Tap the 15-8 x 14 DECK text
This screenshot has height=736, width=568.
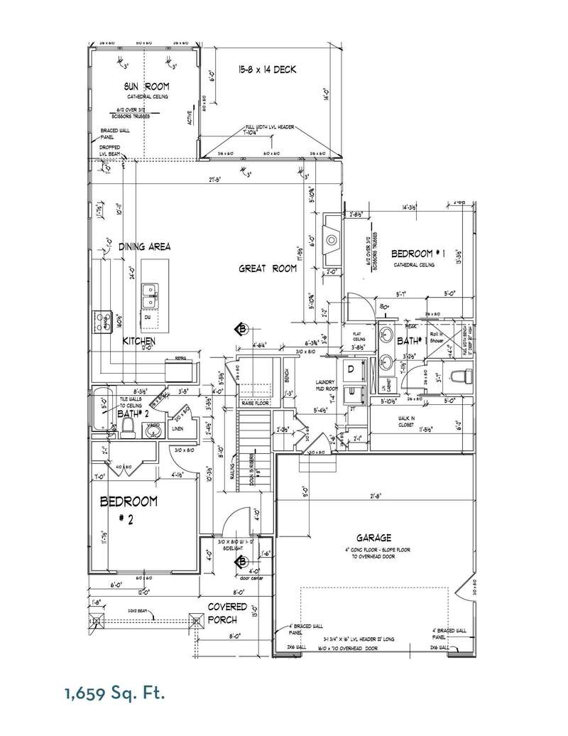click(x=266, y=70)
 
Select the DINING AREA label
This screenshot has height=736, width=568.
click(x=145, y=247)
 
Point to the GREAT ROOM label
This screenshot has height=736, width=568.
click(x=267, y=269)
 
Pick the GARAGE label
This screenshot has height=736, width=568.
click(x=375, y=539)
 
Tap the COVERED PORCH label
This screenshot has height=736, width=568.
click(x=227, y=613)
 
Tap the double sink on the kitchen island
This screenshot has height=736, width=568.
click(x=150, y=296)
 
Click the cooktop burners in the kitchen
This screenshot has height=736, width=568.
click(x=100, y=322)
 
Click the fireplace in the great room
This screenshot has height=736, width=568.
click(x=331, y=240)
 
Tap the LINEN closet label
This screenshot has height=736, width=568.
click(x=178, y=428)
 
